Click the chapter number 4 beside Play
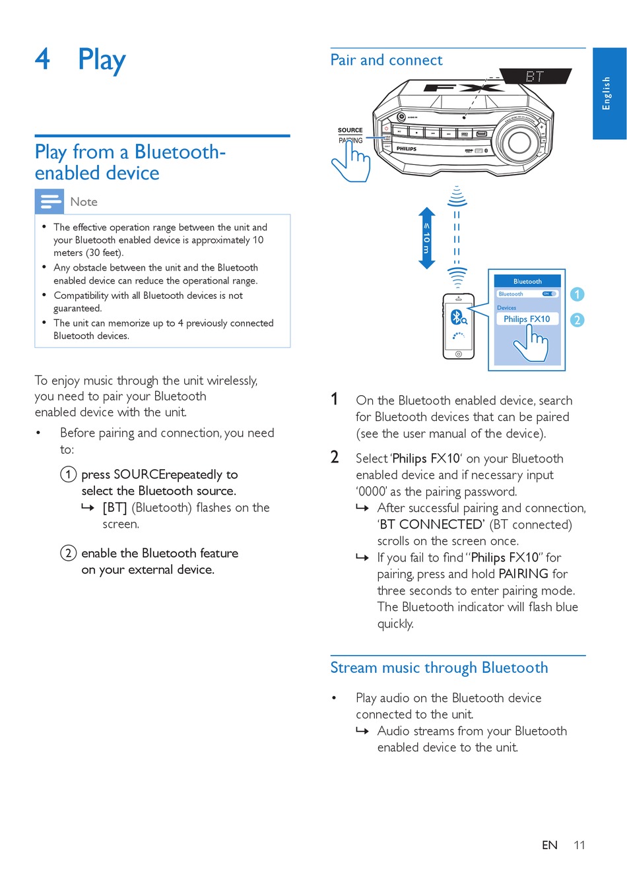(x=42, y=59)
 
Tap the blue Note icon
(x=49, y=201)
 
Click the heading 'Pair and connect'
(x=386, y=60)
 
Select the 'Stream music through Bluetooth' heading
(x=439, y=668)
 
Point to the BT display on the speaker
(x=534, y=77)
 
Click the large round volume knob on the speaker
(x=519, y=141)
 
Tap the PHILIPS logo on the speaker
(x=407, y=149)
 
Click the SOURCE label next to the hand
(x=350, y=130)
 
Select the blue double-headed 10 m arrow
(x=427, y=238)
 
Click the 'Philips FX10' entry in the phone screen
(x=527, y=319)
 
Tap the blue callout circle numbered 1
(x=577, y=294)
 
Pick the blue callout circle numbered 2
(x=577, y=320)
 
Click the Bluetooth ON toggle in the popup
(x=549, y=294)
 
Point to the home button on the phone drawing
(x=459, y=354)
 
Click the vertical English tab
(x=609, y=93)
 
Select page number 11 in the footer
(x=579, y=845)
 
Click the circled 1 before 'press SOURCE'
(x=68, y=474)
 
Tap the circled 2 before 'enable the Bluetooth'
(x=68, y=553)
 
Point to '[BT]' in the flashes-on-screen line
(x=115, y=507)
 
